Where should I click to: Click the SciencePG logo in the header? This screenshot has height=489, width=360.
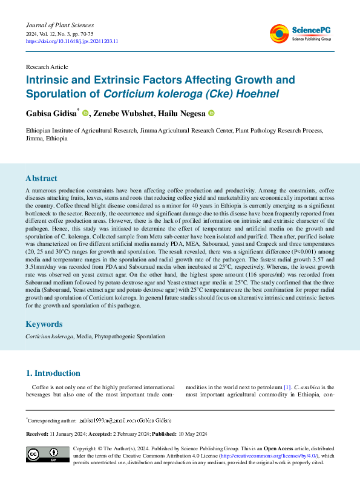[x=302, y=33]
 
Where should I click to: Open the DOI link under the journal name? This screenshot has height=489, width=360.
[x=71, y=41]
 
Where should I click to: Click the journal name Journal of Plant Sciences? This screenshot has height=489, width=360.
[x=60, y=25]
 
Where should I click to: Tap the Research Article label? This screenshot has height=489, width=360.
[x=47, y=67]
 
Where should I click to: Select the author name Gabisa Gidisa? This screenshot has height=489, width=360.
[x=51, y=113]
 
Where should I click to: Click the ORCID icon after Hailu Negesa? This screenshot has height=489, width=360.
[x=212, y=113]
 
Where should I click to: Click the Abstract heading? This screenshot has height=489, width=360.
[x=41, y=179]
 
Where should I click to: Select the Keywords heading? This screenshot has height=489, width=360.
[x=44, y=324]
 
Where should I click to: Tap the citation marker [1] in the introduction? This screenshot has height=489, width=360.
[x=287, y=387]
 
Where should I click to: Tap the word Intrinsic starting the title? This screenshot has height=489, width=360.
[x=48, y=80]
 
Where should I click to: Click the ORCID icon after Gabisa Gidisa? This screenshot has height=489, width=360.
[x=85, y=113]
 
